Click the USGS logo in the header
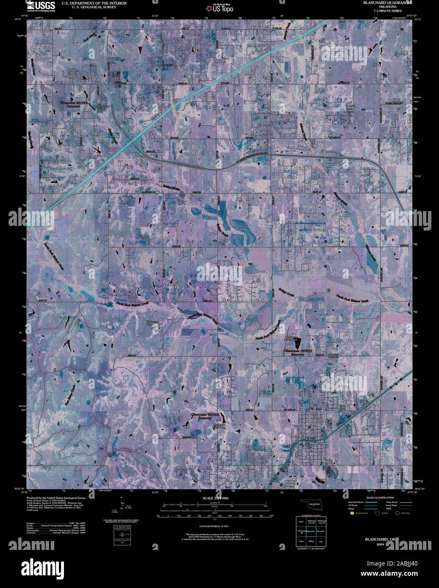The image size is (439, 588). [x=41, y=5]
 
